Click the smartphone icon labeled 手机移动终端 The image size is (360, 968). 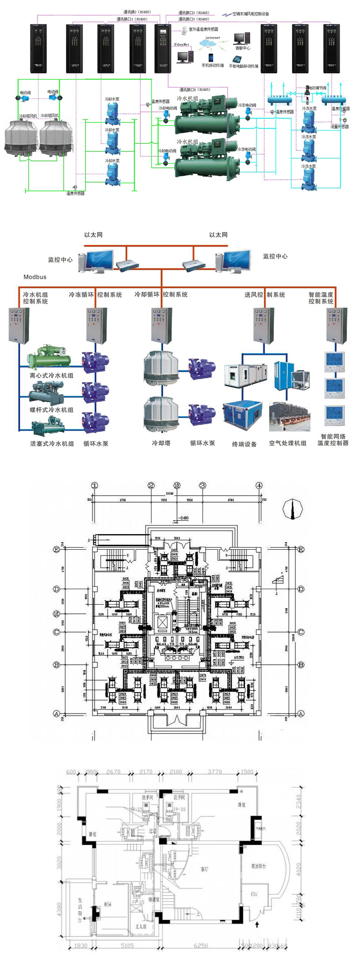(211, 58)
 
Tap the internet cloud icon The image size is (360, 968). (212, 44)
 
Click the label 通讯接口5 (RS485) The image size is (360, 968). (194, 90)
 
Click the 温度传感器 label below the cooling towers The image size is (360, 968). (75, 193)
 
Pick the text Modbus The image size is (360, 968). (35, 277)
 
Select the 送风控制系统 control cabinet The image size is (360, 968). (263, 326)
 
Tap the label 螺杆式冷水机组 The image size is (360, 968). (51, 410)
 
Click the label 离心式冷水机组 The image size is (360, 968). (51, 375)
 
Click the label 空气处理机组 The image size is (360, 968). (287, 443)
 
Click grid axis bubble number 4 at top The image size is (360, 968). (259, 485)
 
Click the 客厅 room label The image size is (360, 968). (204, 869)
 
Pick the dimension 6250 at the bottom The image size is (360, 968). (200, 946)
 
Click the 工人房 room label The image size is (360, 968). (140, 926)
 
